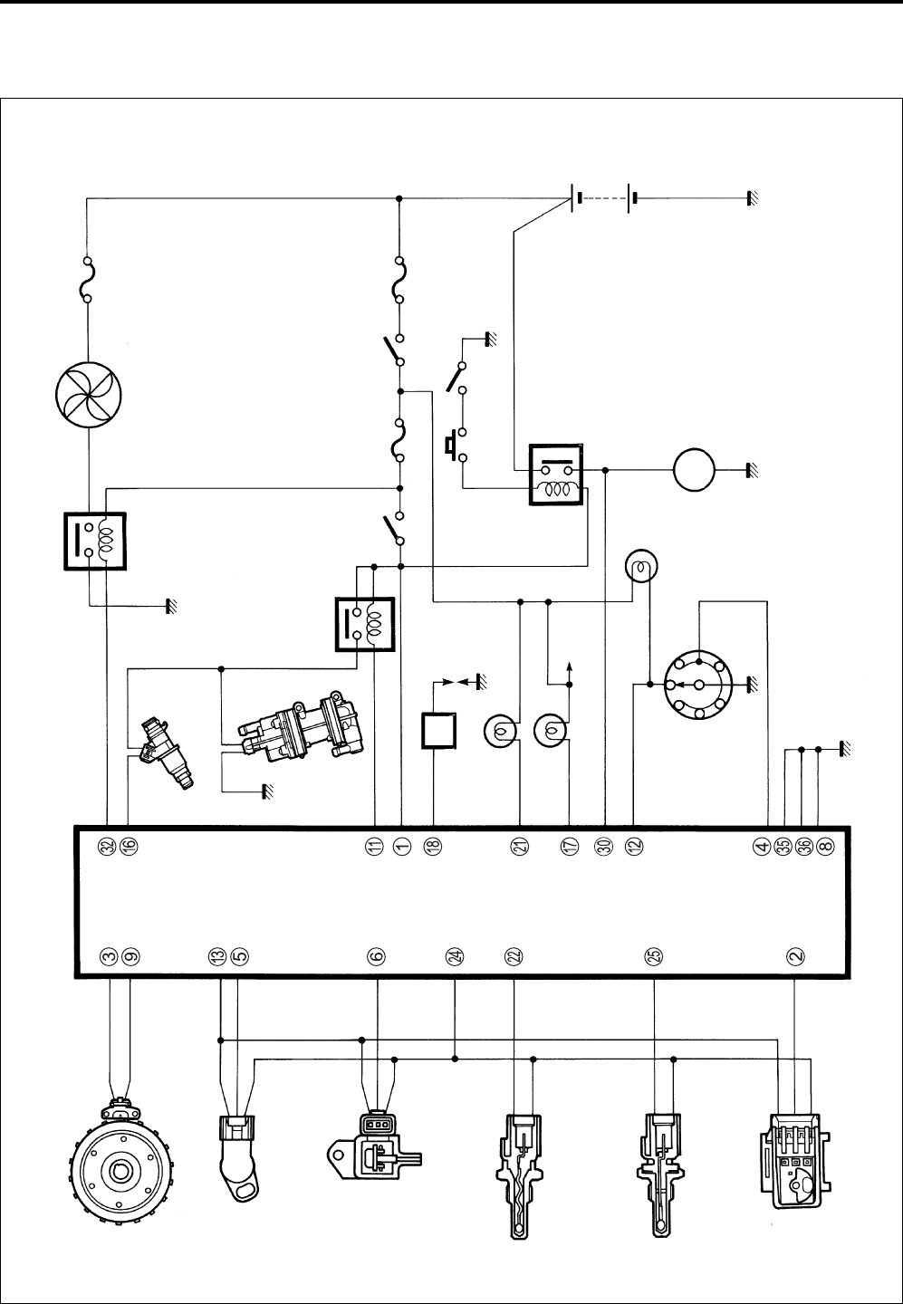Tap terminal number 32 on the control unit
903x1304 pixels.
108,845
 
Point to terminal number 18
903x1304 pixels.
434,845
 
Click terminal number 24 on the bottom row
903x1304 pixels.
455,955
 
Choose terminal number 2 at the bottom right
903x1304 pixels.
795,955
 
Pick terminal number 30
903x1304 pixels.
603,845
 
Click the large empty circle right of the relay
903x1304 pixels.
695,470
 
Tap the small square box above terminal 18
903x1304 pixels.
438,731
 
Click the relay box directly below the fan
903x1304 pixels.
94,542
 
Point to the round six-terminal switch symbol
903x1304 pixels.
698,686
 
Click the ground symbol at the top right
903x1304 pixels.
752,198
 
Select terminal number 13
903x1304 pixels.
217,955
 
